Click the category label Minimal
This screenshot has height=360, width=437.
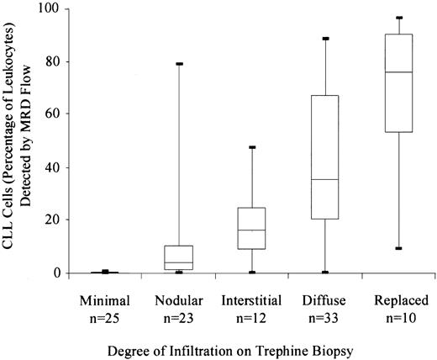click(x=106, y=299)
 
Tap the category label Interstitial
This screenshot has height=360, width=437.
click(x=250, y=299)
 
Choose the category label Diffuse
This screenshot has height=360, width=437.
click(x=324, y=299)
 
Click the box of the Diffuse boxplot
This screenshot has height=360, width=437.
click(x=324, y=157)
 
